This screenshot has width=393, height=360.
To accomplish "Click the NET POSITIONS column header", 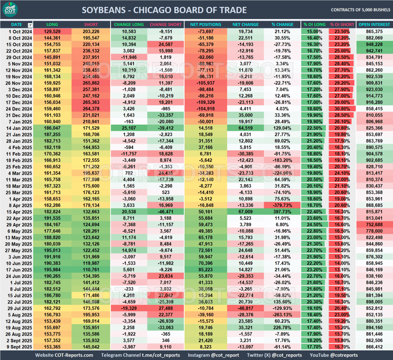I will point(205,25).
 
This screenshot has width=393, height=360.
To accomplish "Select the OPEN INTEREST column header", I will point(374,25).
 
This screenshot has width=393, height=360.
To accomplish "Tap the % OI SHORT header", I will point(342,25).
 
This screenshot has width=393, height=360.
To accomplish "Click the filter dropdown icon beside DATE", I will point(30,25).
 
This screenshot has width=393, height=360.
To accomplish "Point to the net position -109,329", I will point(205,102).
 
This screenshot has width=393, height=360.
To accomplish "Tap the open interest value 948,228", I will point(374,44).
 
